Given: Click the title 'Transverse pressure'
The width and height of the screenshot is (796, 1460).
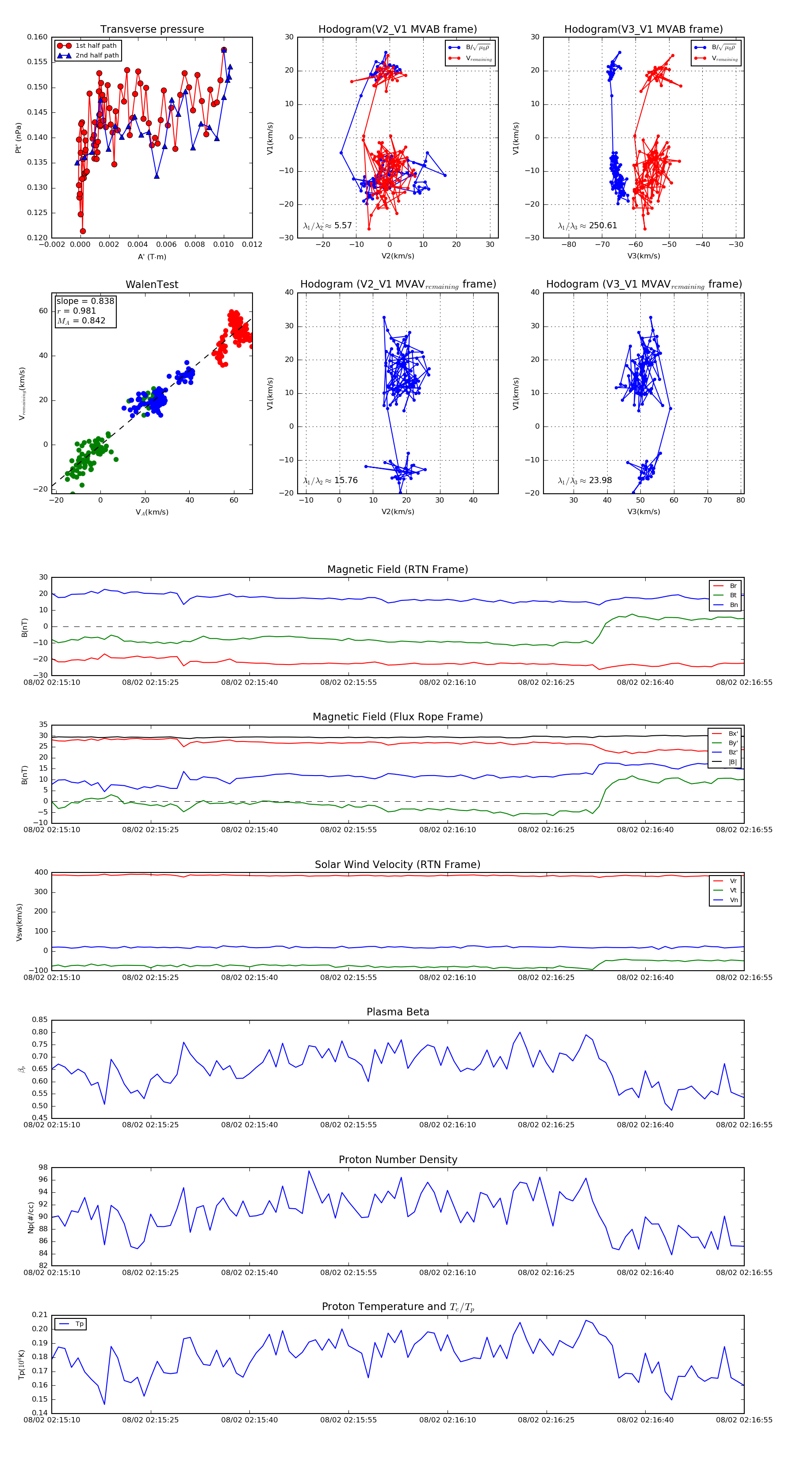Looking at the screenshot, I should point(152,30).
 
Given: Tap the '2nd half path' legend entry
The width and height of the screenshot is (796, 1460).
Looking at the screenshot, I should point(97,56).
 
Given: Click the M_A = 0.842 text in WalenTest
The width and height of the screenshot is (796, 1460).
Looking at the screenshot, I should point(81,321).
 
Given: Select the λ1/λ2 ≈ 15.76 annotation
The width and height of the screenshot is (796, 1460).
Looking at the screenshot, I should point(330,480).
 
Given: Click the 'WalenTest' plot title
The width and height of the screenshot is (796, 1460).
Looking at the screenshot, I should point(152,284).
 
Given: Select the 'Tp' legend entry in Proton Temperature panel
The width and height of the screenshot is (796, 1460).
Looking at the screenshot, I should point(79,1324).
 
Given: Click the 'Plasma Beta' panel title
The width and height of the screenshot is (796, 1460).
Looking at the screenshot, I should point(398,1012).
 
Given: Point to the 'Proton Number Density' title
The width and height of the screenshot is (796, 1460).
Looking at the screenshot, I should point(398,1160).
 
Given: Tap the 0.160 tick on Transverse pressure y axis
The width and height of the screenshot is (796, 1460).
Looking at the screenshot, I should point(38,38).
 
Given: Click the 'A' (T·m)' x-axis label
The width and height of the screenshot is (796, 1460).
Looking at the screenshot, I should point(152,257).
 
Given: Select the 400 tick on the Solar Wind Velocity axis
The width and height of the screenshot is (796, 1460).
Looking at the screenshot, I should point(42,872).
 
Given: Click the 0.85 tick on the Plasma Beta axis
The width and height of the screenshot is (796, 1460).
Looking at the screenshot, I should point(40,1020).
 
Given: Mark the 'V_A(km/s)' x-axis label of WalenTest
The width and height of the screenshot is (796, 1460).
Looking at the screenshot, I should point(152,512).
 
